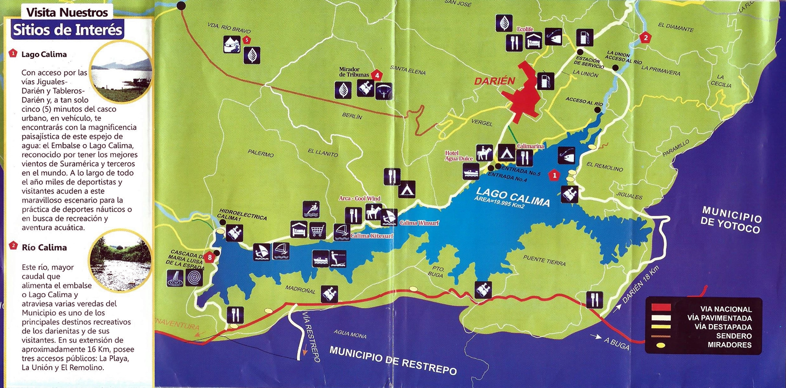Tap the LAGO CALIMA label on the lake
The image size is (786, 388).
[x=513, y=193]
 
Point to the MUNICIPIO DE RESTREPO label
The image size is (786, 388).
[x=393, y=360]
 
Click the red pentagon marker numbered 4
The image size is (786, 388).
[x=376, y=75]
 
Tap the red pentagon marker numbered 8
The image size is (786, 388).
[x=210, y=257]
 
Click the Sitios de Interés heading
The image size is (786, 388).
[x=67, y=29]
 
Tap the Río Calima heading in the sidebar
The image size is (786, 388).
[x=44, y=247]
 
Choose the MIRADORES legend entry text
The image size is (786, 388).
[x=729, y=345]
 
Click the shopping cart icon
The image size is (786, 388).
[x=318, y=230]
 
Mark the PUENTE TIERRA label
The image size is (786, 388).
[x=544, y=263]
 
